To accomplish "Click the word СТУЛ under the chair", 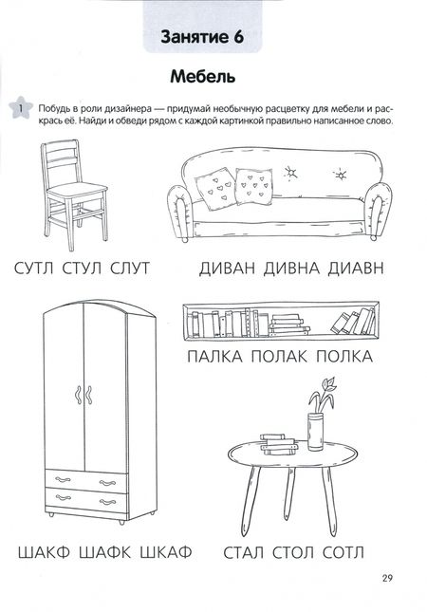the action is point(82,269).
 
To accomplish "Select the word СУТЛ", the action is point(33,269).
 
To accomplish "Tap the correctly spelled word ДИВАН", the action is point(227,269).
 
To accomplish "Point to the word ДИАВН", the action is point(356,269).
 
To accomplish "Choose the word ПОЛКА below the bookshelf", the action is point(344,357).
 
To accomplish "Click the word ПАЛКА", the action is point(214,357).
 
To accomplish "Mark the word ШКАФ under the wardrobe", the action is point(166,552).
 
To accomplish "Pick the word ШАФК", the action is point(105,552).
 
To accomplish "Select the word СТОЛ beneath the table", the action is point(293,552).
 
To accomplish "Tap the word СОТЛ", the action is point(343,552).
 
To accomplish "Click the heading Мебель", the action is point(202,77).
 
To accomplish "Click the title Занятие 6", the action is point(202,37).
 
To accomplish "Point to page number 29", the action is point(387,578).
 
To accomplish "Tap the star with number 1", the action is point(20,106).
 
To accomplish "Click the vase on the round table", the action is point(315,432).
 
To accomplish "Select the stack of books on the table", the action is point(277,444).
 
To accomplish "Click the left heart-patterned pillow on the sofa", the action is point(215,190).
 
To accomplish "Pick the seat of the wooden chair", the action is point(77,192).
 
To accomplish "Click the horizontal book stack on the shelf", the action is point(289,325).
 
